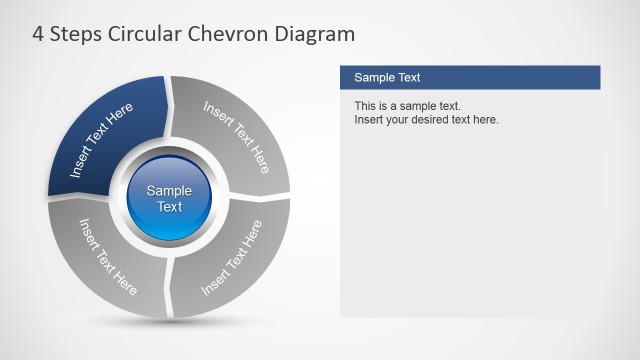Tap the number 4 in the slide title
pyautogui.click(x=38, y=35)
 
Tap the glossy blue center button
pyautogui.click(x=170, y=198)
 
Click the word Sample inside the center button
pyautogui.click(x=170, y=191)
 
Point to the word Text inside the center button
pyautogui.click(x=170, y=207)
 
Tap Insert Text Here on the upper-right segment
pyautogui.click(x=237, y=136)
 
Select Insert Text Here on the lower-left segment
pyautogui.click(x=108, y=257)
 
